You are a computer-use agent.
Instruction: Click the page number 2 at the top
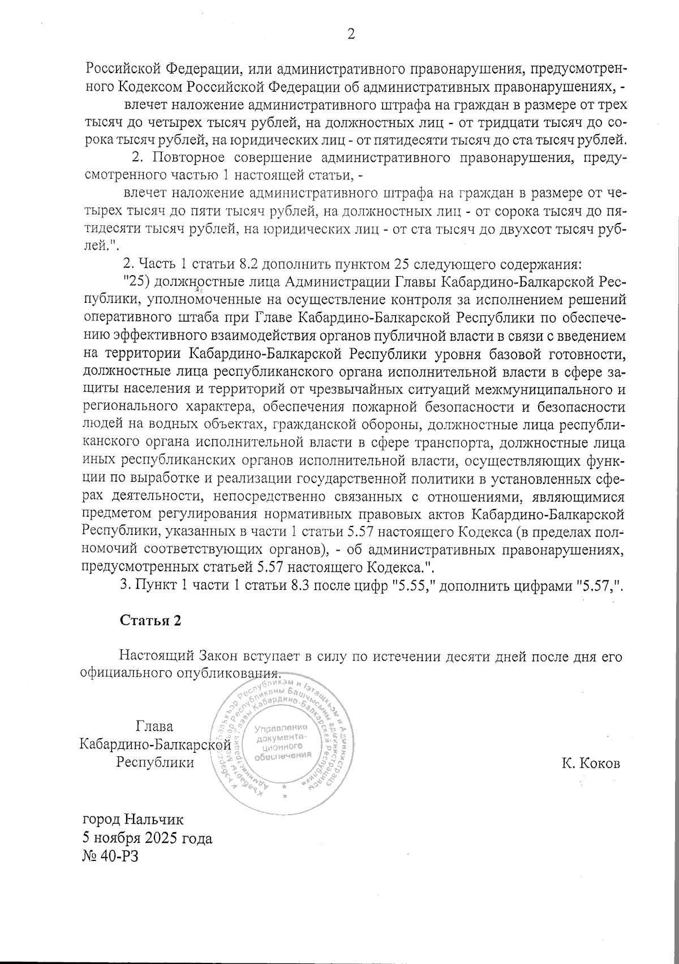351,35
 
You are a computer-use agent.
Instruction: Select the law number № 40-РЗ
110,856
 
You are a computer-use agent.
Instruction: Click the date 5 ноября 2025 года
148,838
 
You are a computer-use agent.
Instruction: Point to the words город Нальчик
133,819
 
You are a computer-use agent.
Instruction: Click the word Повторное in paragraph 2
184,157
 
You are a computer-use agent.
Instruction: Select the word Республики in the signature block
154,762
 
